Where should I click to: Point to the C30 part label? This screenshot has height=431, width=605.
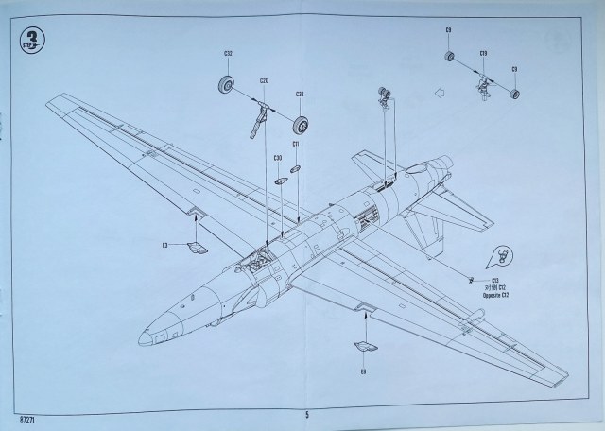(x=278, y=157)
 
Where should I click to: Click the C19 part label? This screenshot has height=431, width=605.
(x=483, y=53)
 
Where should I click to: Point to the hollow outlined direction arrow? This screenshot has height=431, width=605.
(x=438, y=93)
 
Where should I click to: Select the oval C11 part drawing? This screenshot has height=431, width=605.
(x=296, y=167)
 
